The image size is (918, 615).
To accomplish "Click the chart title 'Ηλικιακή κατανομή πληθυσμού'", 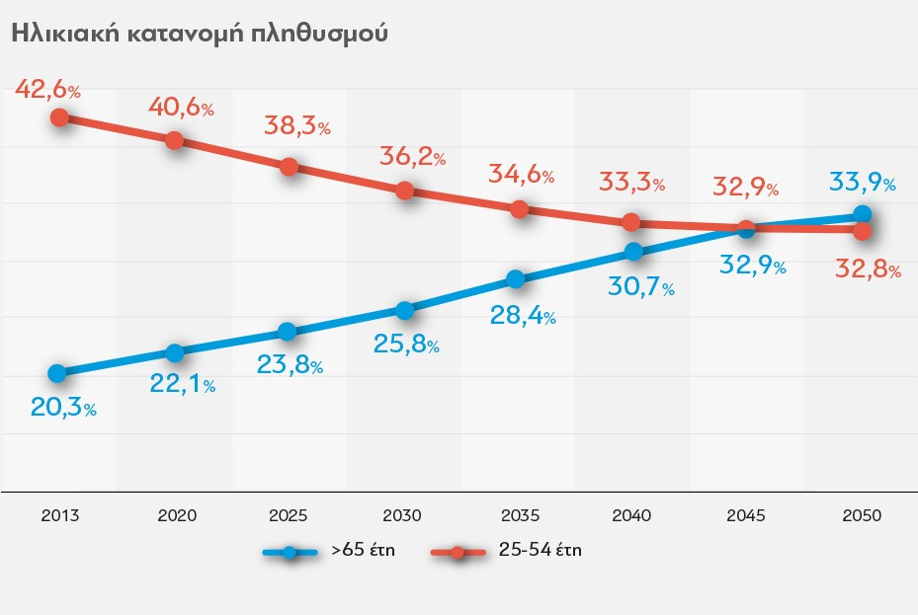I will (x=198, y=33).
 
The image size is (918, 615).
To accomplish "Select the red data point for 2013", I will (x=58, y=117).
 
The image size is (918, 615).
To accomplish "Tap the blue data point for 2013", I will (x=57, y=373).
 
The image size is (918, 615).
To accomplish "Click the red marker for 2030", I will (x=404, y=191).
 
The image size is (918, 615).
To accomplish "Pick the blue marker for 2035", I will (x=515, y=279).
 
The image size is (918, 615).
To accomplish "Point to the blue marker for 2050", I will (x=862, y=214).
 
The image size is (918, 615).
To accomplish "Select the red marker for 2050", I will (x=862, y=231).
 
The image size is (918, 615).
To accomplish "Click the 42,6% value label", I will (x=47, y=90).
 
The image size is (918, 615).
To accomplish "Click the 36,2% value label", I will (x=412, y=156).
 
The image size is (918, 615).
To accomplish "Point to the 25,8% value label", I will (x=405, y=346).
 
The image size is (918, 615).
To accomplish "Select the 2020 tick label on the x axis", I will (x=177, y=515).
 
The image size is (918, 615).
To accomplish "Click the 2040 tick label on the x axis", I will (x=631, y=515).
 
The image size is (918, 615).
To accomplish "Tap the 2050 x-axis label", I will (x=861, y=515).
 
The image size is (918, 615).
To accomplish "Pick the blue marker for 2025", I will (x=288, y=332).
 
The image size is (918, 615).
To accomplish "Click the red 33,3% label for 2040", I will (x=630, y=183).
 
